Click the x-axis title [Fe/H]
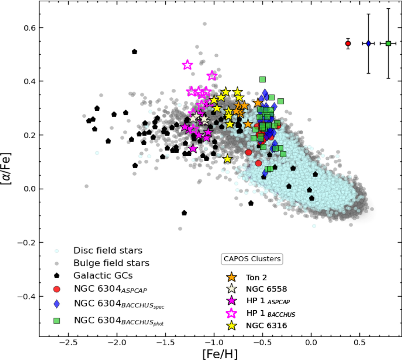220,354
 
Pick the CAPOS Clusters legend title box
252,259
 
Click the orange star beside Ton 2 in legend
232,277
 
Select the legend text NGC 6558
266,289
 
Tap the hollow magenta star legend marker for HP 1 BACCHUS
232,313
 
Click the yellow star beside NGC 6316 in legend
232,325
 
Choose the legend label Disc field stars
108,251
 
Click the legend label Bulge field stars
111,263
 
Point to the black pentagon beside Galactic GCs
57,276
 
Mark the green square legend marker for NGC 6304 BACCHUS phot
57,321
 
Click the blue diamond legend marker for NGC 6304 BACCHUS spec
57,304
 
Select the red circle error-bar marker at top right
348,43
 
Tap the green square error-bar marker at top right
389,43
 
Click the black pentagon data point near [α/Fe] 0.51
134,52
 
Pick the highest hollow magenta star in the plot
187,65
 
